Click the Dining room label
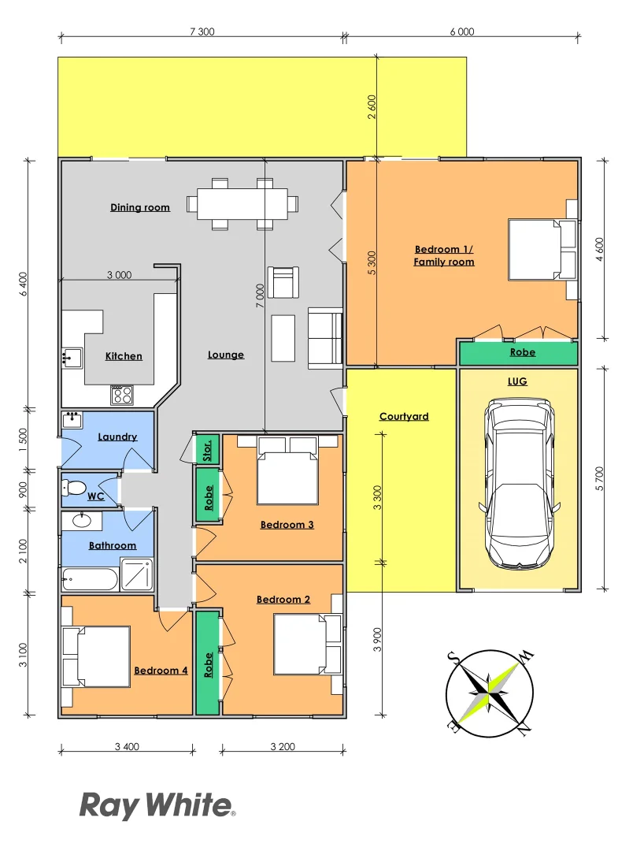[139, 207]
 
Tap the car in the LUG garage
[519, 484]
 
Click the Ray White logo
[157, 806]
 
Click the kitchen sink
[72, 359]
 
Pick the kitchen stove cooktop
[122, 394]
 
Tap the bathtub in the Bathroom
[89, 581]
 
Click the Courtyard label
[404, 416]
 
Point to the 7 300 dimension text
[202, 32]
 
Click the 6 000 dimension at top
[462, 32]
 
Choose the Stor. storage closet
[208, 450]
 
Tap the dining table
[242, 203]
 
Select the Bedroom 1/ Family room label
[444, 255]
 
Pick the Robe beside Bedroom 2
[209, 664]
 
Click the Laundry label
[117, 437]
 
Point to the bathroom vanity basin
[82, 521]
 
